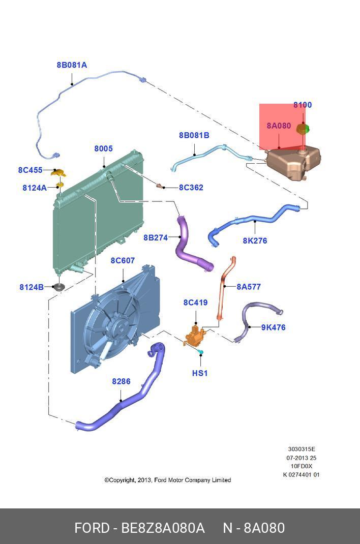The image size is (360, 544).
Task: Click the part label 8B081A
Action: (x=72, y=65)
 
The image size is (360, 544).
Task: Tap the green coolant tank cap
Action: (x=303, y=129)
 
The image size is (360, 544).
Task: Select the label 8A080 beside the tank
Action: (x=279, y=126)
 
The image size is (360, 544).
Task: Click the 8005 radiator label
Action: (x=103, y=149)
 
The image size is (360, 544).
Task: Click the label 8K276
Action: (x=255, y=241)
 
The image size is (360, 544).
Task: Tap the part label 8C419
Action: (x=196, y=303)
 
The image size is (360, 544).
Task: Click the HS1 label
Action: (x=200, y=373)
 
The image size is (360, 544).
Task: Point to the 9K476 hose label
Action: (x=274, y=327)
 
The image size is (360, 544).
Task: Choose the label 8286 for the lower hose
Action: (x=121, y=381)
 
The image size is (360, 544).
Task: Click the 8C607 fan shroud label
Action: (x=123, y=261)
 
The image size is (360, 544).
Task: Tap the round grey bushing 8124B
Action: (x=59, y=288)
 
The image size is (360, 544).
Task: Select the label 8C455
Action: (x=31, y=170)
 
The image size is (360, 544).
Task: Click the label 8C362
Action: (x=191, y=188)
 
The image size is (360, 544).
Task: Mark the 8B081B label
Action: (x=194, y=135)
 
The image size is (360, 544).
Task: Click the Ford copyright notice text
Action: (x=168, y=480)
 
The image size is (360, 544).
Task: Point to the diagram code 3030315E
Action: (x=302, y=449)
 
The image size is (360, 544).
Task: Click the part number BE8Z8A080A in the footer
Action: (x=163, y=528)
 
